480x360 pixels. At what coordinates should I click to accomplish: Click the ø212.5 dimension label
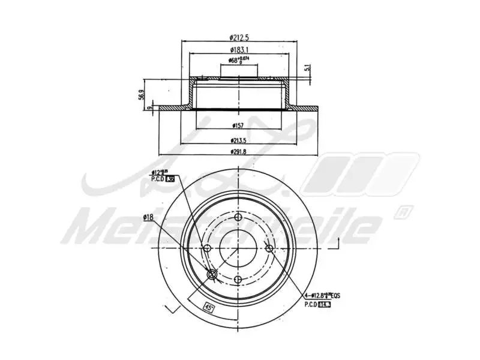239,37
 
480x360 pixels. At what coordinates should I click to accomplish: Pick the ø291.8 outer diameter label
239,152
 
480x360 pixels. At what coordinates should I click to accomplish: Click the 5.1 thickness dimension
308,69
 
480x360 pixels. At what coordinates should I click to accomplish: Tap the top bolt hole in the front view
238,218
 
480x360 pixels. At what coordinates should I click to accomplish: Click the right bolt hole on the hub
269,248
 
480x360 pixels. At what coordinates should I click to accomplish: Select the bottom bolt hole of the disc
238,280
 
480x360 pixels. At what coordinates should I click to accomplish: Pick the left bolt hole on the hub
208,248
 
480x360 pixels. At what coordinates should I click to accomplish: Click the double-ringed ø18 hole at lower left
212,275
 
